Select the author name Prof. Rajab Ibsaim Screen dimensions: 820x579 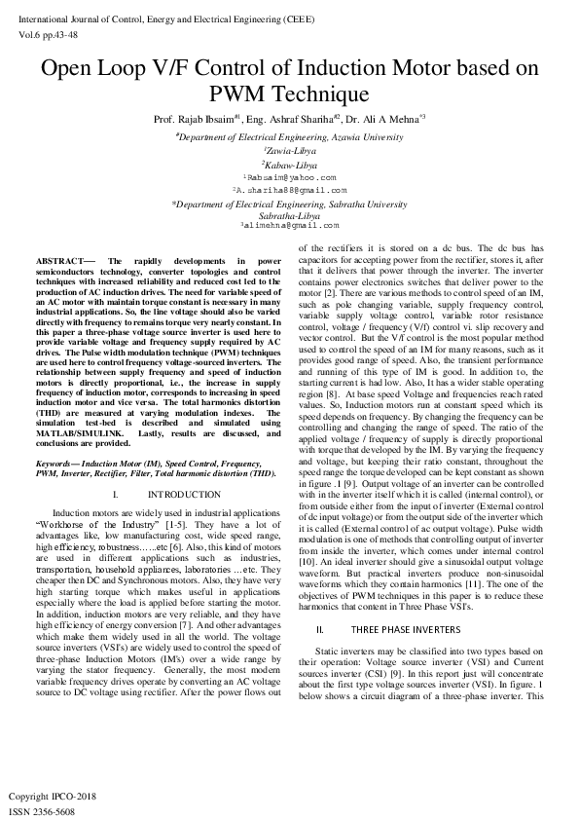point(199,120)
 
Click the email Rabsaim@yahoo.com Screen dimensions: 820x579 point(289,178)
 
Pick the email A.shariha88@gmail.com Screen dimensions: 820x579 point(289,190)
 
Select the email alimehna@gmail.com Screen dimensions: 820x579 point(289,225)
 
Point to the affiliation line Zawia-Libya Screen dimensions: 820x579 point(289,152)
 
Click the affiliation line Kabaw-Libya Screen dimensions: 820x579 point(289,166)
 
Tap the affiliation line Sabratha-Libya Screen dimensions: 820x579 point(289,214)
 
